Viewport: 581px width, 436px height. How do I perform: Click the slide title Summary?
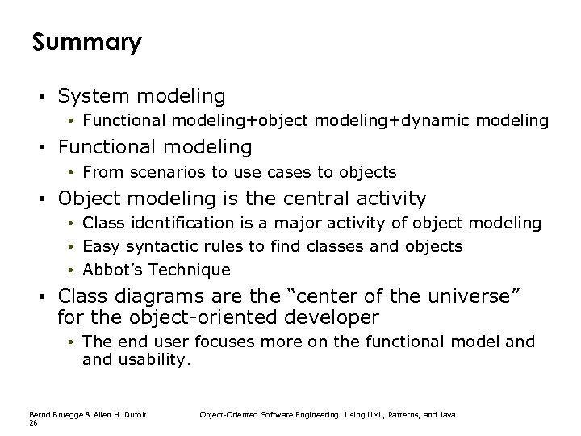click(x=86, y=42)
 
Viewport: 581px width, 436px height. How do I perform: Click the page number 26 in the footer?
click(x=33, y=422)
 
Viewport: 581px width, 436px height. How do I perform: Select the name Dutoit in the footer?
click(x=132, y=414)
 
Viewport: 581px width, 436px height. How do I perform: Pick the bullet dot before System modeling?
click(x=40, y=97)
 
